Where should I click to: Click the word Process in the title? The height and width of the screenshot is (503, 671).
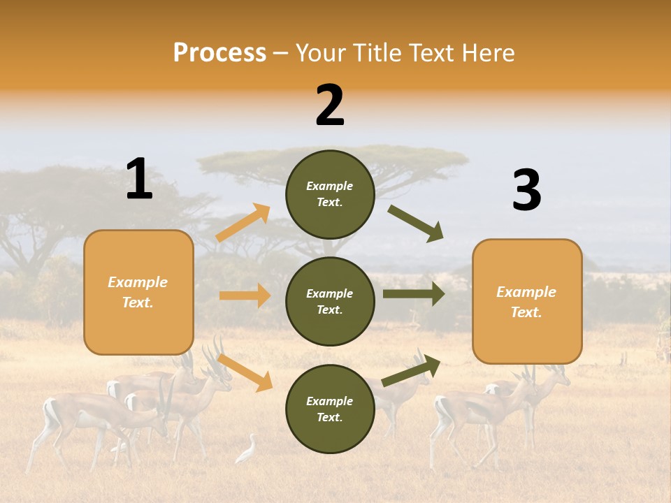point(219,53)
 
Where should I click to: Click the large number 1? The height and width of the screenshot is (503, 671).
point(139,179)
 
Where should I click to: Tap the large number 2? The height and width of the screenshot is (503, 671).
point(330,105)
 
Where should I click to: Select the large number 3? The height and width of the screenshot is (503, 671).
point(526,190)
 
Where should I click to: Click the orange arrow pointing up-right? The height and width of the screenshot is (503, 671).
point(243,223)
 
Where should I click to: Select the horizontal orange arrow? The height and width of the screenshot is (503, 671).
point(245,296)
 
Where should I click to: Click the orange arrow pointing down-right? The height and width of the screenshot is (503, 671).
point(245,372)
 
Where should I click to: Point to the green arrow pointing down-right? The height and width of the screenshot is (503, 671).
point(416,223)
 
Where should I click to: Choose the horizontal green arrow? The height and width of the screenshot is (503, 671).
point(413,294)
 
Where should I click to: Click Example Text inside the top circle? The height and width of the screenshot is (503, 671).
point(330,194)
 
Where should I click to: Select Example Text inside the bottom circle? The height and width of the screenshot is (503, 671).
point(330,409)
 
